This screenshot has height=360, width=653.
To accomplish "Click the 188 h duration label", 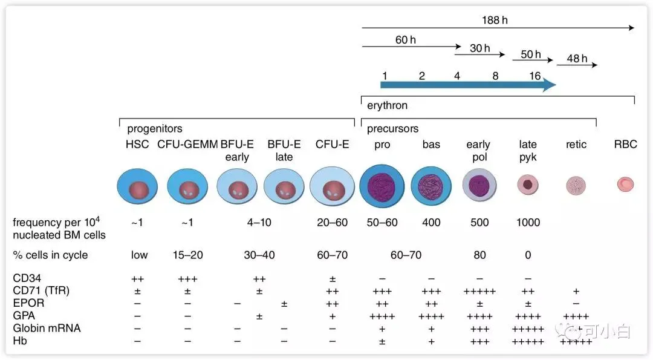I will point(495,20).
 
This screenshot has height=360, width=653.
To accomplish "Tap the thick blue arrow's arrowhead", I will point(548,85).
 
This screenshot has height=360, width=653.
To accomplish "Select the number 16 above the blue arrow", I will point(534,76).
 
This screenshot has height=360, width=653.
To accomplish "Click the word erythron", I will point(388,105).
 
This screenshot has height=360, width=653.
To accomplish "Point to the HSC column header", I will point(137,145).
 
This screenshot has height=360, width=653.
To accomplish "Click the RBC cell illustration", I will point(625,185).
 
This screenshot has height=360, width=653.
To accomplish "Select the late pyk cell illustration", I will point(528,185).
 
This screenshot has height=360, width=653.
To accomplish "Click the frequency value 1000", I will point(528,222).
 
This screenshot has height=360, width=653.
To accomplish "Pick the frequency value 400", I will point(431,222).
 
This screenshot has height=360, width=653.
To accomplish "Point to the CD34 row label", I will point(28,278).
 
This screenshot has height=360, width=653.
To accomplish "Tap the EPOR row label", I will point(28,303).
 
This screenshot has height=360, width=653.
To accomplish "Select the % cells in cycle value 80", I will point(479,255).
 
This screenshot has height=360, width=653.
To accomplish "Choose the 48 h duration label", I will point(577,59).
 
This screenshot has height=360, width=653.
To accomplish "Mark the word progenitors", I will point(154,129).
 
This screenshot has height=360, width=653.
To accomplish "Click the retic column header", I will point(576,145).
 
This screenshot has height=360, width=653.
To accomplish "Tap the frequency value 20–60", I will point(332,222).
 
